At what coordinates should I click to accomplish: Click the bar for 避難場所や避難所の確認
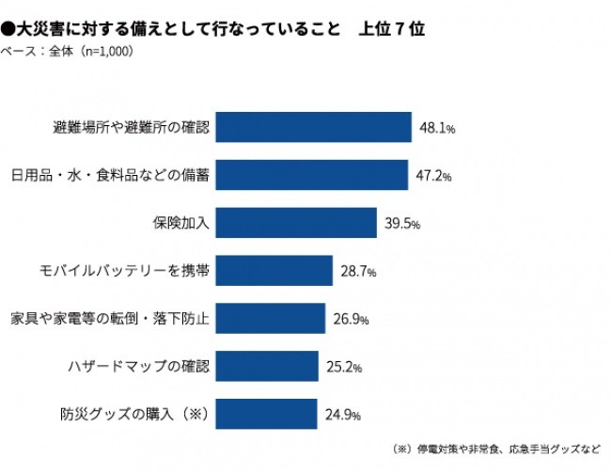coord(313,127)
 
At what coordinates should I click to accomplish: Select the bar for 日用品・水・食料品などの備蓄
coord(311,175)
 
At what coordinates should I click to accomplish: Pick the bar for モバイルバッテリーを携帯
coord(274,271)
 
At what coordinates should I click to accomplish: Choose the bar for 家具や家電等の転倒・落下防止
coord(270,318)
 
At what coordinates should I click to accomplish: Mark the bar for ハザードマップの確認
coord(267,366)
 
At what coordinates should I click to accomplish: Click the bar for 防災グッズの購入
coord(266,414)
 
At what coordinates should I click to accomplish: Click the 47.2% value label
coord(433,176)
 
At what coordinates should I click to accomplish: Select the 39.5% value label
coord(402,224)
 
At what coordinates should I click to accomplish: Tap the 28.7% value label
coord(358,272)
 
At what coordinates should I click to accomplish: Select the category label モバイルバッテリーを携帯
coord(130,271)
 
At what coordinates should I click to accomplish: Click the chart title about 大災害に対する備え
coord(212,29)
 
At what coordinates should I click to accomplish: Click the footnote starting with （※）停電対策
coord(494,449)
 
